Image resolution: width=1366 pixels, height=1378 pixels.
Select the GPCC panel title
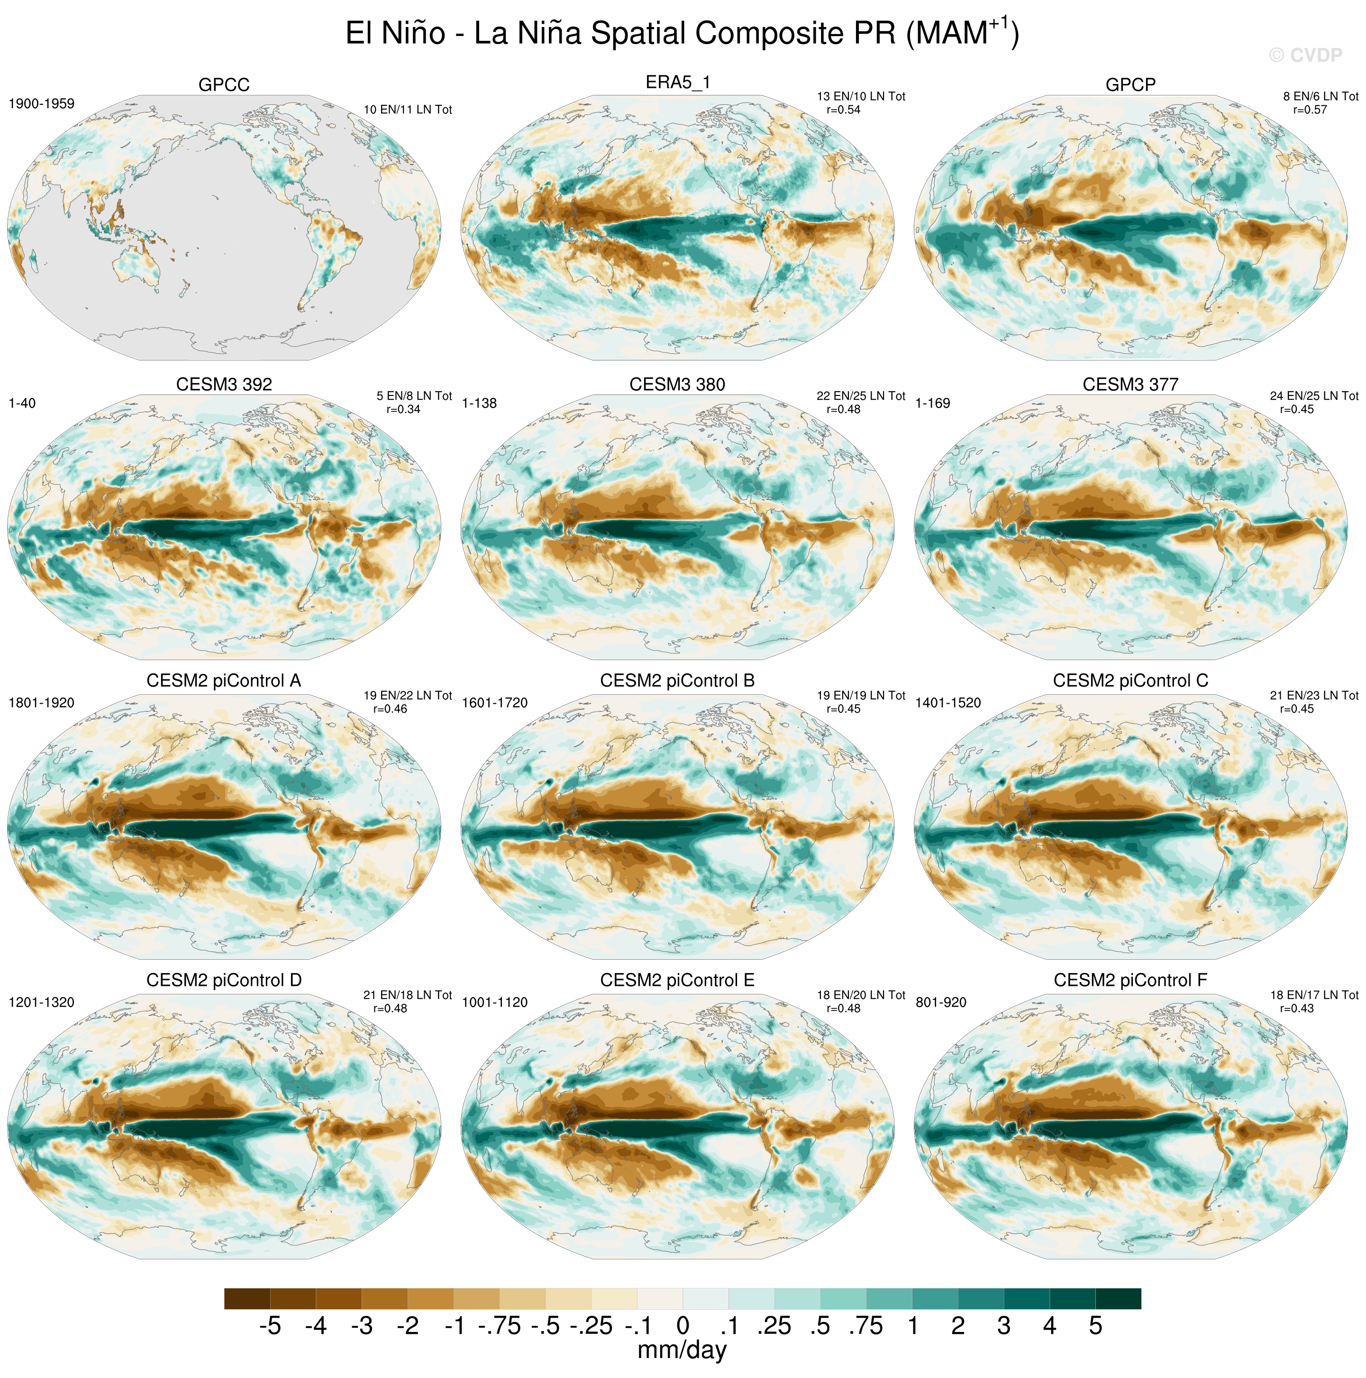pos(224,85)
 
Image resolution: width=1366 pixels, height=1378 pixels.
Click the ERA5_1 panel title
pos(677,83)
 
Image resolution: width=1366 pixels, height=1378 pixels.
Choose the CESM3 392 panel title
pos(224,385)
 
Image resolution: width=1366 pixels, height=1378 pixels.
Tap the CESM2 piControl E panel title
pos(677,980)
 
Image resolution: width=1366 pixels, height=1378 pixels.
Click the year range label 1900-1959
pos(41,103)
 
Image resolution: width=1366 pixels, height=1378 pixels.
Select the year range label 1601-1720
pos(495,703)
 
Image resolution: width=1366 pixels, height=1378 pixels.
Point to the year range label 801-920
pos(941,1002)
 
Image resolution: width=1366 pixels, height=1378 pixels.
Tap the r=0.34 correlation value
pos(403,409)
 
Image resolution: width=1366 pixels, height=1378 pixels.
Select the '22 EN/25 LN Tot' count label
pos(861,396)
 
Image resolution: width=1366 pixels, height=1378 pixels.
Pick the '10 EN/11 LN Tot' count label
pos(408,110)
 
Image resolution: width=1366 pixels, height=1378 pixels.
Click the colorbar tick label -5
pos(270,1326)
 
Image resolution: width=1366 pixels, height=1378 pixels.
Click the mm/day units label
pos(682,1350)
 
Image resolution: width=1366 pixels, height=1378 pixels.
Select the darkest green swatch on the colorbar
pos(1118,1298)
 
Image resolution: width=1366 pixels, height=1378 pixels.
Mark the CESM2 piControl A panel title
pos(224,680)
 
